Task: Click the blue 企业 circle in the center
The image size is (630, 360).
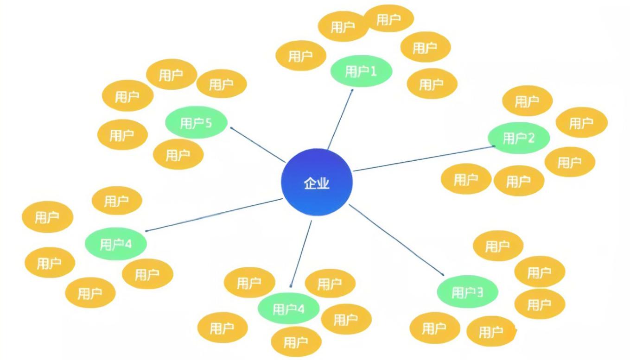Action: coord(317,183)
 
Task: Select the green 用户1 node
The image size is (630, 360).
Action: coord(361,71)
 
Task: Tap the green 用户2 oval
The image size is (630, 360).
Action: coord(518,138)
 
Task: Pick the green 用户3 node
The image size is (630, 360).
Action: coord(467,292)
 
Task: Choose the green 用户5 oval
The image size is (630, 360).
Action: coord(196,123)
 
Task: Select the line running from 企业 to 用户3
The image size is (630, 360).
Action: coord(396,238)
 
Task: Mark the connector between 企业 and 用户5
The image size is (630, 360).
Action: coord(258,145)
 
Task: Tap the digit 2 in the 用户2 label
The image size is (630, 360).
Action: coord(531,138)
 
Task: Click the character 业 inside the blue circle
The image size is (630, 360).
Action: coord(323,183)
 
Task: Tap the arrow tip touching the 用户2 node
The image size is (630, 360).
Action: coord(495,146)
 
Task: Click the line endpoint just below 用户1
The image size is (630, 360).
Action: coord(352,90)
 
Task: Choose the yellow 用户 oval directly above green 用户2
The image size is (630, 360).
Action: coord(527,101)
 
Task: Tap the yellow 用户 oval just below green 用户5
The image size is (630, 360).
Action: coord(178,154)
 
